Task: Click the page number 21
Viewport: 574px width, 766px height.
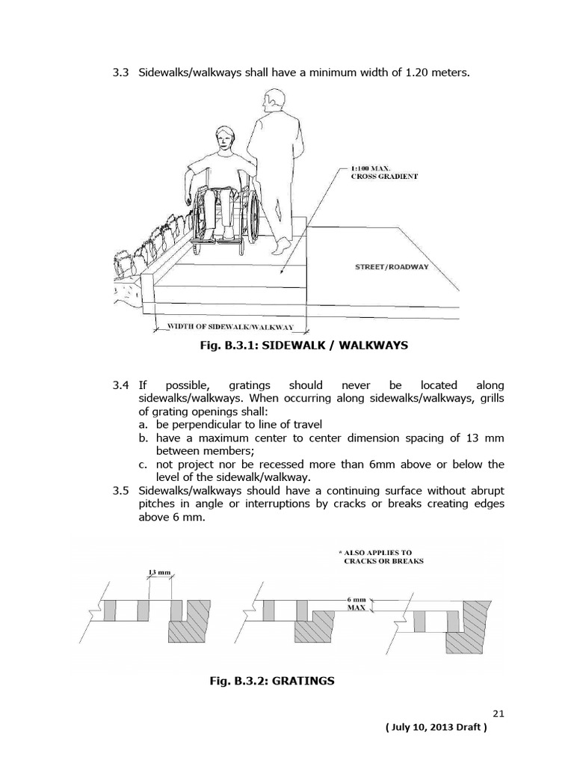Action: click(x=499, y=713)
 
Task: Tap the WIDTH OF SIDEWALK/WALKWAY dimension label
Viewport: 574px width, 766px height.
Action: click(x=230, y=327)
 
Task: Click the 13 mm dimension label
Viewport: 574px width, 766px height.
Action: click(x=160, y=573)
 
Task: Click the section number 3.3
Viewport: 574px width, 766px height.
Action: click(x=121, y=73)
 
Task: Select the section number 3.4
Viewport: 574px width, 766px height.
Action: click(x=121, y=384)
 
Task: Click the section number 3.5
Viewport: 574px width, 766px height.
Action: click(x=121, y=490)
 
